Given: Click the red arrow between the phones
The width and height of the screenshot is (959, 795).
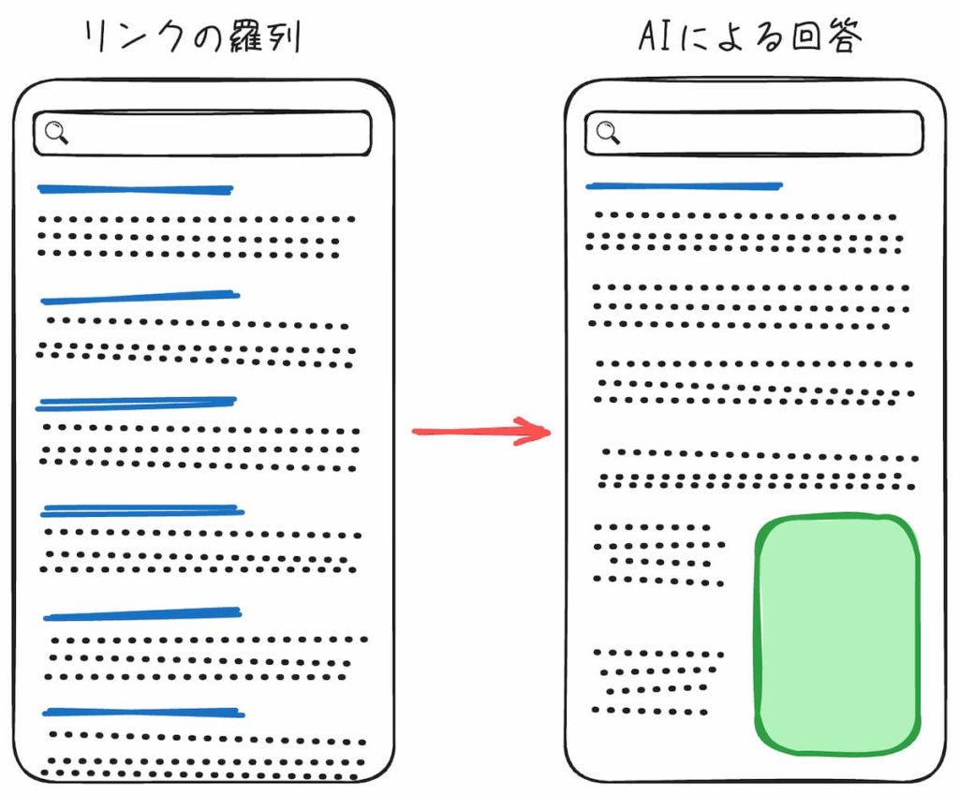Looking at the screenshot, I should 479,432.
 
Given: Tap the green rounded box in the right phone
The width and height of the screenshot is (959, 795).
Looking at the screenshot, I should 837,634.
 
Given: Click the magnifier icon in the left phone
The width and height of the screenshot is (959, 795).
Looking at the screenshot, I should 56,134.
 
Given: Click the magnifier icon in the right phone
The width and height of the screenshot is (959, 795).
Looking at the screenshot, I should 608,132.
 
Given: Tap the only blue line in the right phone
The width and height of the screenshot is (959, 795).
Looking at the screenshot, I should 684,186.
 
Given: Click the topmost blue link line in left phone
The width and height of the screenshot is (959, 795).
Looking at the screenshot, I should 135,190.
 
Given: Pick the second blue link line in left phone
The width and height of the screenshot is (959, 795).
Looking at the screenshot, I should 140,298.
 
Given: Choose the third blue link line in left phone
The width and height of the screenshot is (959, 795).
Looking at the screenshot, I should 136,404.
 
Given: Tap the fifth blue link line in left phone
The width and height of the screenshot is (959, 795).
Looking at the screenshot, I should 142,615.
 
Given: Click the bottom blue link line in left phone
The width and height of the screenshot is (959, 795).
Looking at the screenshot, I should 143,713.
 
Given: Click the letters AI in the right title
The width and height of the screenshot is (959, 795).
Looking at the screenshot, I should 654,37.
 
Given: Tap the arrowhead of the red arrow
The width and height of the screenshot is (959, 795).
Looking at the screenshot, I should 536,432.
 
